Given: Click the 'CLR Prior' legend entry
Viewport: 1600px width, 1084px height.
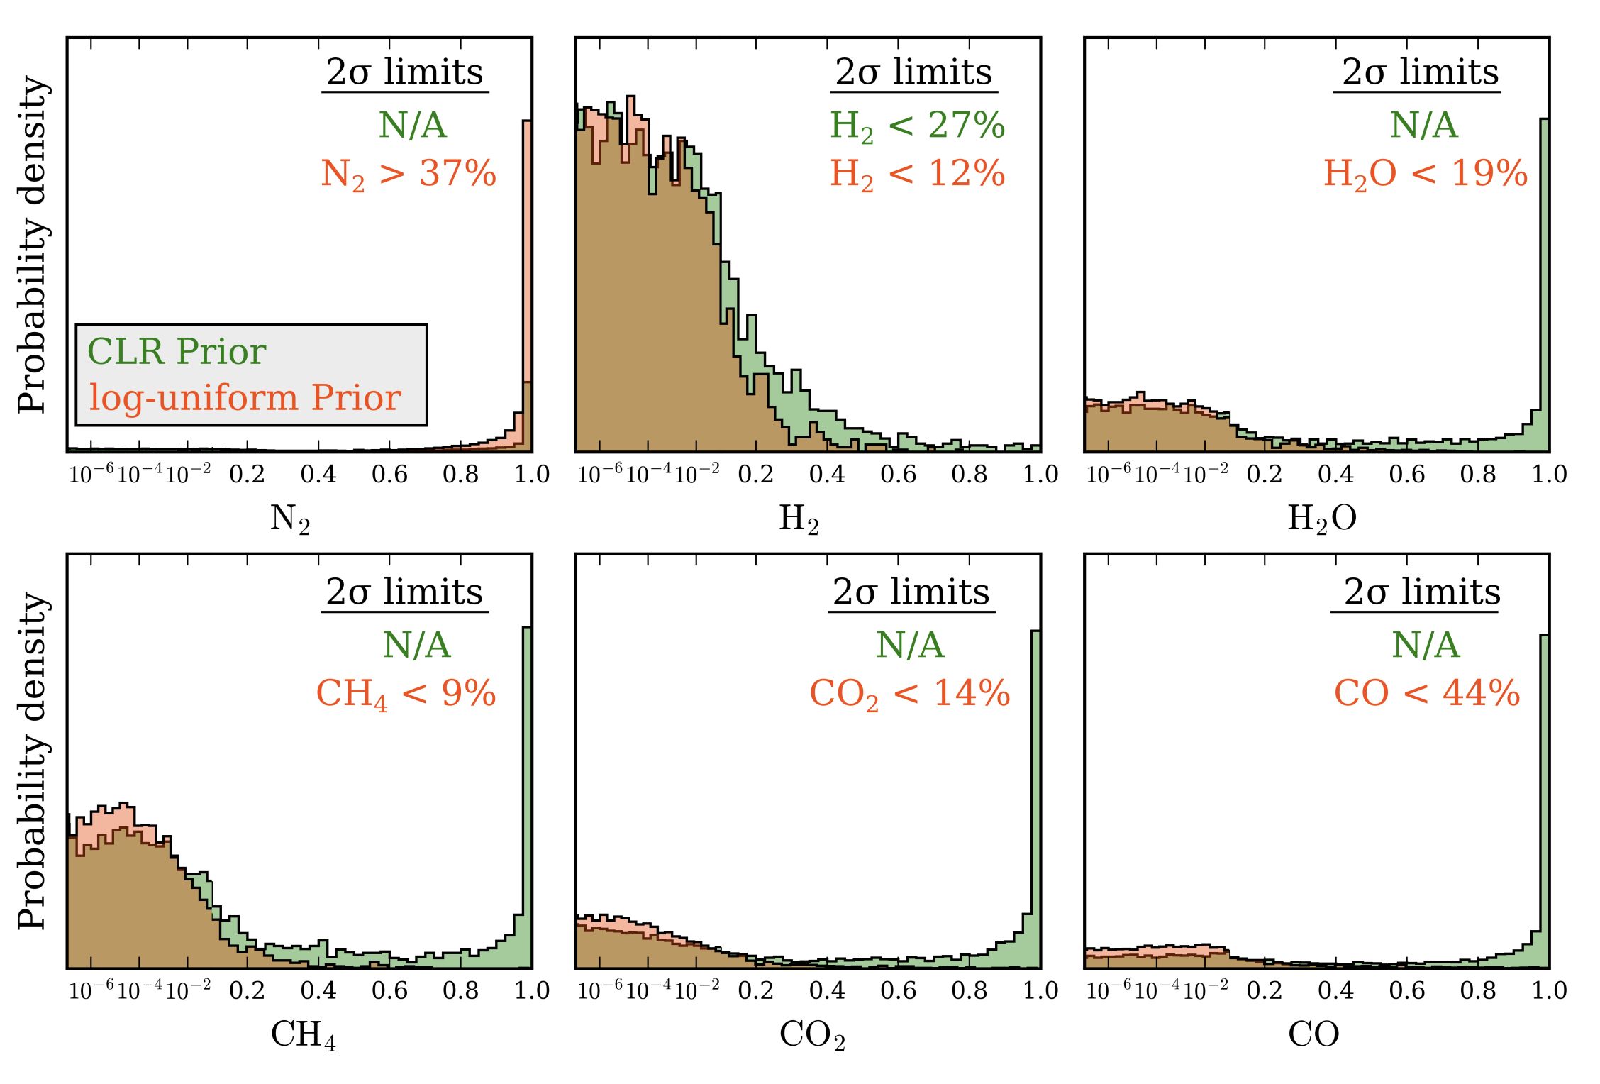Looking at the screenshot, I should click(177, 351).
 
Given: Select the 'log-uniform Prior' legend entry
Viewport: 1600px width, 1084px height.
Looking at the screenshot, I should click(245, 397).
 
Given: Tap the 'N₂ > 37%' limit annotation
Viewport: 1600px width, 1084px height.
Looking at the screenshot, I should click(409, 174).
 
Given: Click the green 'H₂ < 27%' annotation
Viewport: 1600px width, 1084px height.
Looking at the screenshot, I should click(917, 126).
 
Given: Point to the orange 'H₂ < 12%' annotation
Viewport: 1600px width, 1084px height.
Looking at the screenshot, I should click(917, 174).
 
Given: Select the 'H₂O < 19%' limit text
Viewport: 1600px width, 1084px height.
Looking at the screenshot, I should click(1426, 174).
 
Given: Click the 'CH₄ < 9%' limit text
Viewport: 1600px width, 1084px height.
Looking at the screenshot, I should click(406, 693).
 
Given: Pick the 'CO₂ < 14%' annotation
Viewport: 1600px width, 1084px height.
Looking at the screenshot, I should click(910, 693).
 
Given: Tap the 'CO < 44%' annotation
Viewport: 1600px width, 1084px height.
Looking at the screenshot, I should click(1427, 693).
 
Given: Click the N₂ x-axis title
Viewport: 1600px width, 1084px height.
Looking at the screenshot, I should click(290, 519).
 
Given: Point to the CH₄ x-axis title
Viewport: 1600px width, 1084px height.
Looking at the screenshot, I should click(304, 1036).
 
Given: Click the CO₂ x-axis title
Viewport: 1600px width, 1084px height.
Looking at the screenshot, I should click(812, 1036).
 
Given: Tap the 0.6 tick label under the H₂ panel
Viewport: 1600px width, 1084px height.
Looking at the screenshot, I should click(898, 474).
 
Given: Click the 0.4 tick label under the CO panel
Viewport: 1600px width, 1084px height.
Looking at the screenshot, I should click(1335, 990).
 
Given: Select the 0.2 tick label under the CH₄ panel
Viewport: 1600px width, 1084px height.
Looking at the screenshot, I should click(247, 990).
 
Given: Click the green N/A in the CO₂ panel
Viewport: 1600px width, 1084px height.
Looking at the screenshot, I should click(910, 645).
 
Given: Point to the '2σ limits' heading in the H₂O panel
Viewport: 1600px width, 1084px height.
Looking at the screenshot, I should click(1420, 72).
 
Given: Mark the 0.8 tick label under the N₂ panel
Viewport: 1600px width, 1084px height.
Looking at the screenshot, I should click(460, 474).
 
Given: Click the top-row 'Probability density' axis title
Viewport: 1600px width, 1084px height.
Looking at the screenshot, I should click(33, 245).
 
